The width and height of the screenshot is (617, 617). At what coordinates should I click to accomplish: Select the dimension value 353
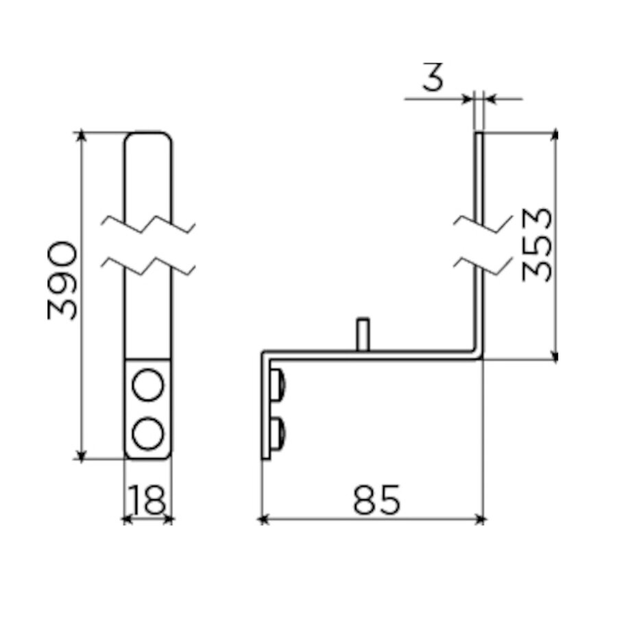[x=537, y=244]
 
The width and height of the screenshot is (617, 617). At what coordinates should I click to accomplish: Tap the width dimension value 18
[x=147, y=501]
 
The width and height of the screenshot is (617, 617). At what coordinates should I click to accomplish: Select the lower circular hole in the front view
[x=148, y=433]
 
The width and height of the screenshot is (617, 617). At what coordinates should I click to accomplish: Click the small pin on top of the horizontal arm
[x=363, y=334]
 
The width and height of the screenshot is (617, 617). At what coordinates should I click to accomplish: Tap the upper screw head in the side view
[x=279, y=387]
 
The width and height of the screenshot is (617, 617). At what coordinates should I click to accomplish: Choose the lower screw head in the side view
[x=279, y=433]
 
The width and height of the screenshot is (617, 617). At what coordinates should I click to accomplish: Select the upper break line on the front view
[x=148, y=224]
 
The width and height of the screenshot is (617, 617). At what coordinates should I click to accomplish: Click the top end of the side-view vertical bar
[x=479, y=134]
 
